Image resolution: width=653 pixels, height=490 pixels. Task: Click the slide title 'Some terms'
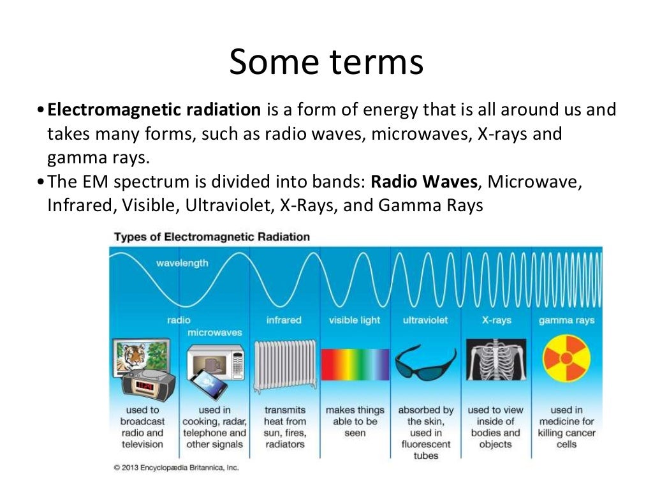(326, 63)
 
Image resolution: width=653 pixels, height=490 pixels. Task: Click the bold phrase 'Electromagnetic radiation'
(154, 110)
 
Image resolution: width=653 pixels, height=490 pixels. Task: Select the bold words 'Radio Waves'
(424, 181)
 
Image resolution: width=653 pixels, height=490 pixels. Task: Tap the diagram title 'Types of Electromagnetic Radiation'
(212, 237)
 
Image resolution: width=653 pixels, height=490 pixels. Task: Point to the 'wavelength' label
(182, 263)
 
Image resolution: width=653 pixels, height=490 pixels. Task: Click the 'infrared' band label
(284, 320)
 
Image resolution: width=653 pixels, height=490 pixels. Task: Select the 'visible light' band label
(355, 320)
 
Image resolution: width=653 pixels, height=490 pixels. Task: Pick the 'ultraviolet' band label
(425, 320)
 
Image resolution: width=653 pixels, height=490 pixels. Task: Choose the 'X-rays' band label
(496, 320)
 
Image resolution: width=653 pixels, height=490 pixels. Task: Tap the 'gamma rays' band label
(566, 320)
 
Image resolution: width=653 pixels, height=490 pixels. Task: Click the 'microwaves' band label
(214, 332)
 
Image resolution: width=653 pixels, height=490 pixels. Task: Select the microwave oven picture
(217, 360)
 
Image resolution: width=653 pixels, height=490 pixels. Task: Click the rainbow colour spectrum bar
(355, 365)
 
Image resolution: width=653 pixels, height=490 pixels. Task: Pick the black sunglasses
(425, 364)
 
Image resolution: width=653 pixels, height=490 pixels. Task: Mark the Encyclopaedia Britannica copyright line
(177, 468)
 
